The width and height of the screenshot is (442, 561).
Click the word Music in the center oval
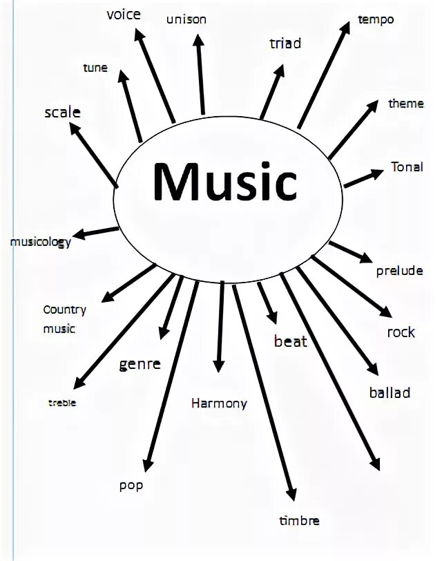click(x=225, y=181)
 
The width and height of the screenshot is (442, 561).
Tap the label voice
click(x=124, y=15)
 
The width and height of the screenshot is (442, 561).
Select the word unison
click(x=186, y=19)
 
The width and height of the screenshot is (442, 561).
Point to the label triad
click(x=285, y=44)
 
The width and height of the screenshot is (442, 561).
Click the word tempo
click(x=376, y=19)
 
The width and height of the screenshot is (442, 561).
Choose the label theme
click(x=406, y=104)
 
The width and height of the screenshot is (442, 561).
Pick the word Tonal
click(x=407, y=167)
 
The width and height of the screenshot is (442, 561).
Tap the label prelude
click(x=399, y=271)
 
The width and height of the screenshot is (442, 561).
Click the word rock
click(x=401, y=332)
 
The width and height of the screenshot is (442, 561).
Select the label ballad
click(x=390, y=393)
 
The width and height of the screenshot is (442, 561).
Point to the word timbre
click(x=299, y=521)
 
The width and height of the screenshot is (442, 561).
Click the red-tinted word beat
click(x=291, y=341)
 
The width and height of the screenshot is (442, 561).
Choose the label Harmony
click(x=219, y=403)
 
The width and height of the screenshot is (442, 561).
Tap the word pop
click(x=131, y=486)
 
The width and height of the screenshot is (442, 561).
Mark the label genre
click(x=140, y=364)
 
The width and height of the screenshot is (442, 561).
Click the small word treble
click(x=62, y=403)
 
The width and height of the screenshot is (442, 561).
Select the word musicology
click(x=40, y=243)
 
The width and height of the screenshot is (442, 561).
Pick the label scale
click(x=62, y=112)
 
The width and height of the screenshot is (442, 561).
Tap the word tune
click(x=95, y=68)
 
